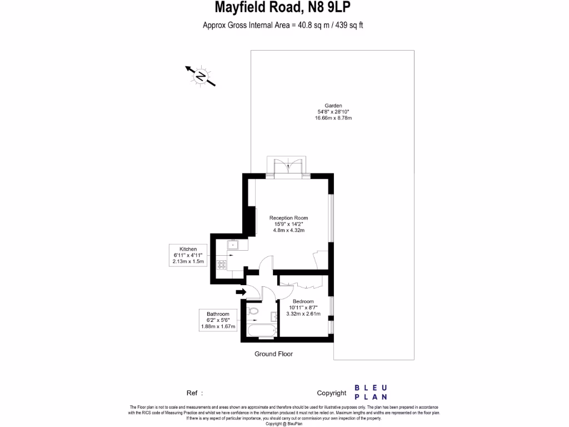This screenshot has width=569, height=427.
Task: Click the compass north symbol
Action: click(200, 76)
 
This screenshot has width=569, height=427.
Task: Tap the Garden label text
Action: click(333, 105)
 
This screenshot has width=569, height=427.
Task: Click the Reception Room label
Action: click(288, 218)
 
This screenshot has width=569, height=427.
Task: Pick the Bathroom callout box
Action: click(218, 320)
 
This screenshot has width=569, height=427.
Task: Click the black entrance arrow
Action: click(241, 291)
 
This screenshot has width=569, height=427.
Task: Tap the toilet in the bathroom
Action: click(253, 310)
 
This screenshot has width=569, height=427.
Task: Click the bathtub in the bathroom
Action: click(260, 332)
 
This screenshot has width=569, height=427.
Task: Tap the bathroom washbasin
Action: click(274, 317)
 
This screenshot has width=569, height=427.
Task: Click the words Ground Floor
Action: click(273, 354)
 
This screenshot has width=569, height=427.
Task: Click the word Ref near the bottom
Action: click(192, 393)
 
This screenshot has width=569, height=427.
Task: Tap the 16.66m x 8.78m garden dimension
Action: click(333, 118)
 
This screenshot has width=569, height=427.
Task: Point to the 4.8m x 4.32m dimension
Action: click(288, 230)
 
